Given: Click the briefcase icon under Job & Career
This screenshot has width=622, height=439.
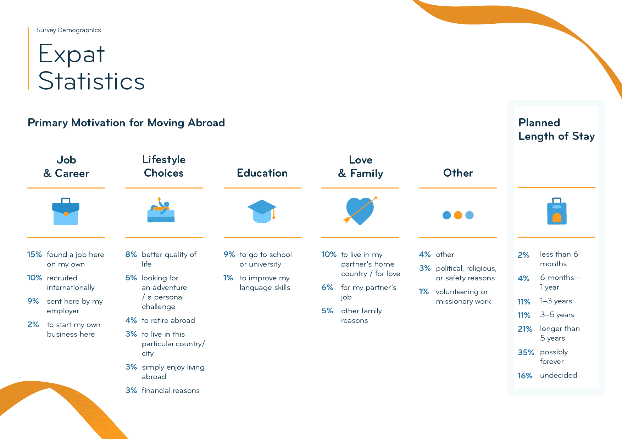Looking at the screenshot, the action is pos(66,211).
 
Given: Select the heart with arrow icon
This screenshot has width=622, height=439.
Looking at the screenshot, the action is pos(360,211).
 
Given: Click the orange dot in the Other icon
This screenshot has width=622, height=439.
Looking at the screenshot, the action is pos(458,215).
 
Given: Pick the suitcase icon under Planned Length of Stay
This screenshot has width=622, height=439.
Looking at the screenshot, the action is pos(557,211).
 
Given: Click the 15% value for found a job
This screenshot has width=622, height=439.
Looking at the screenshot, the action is pos(34,255).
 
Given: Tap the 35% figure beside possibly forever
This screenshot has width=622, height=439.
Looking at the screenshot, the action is pos(526,352).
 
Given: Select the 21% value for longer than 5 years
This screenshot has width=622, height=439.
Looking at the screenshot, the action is pos(525,329).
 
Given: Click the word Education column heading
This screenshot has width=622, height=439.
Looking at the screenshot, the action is pos(262,173).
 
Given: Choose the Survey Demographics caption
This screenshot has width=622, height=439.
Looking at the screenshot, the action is pos(68,30).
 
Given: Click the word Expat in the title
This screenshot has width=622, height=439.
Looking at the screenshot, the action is pos(72,54).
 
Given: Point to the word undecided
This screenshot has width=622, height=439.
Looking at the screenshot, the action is pos(559,375).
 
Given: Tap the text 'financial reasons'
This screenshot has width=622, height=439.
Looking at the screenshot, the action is pos(171,390).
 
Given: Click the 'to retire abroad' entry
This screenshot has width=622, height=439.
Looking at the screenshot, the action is pos(168,320).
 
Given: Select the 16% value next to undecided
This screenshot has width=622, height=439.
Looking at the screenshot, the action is pos(525,376).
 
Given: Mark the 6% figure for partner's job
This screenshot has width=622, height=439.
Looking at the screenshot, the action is pos(327,287).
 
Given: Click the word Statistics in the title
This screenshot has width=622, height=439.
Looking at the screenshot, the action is pos(92,81).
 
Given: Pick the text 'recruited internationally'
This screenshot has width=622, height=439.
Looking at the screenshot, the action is pos(71,283).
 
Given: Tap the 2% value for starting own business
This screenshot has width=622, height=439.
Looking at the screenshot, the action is pos(33,325).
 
